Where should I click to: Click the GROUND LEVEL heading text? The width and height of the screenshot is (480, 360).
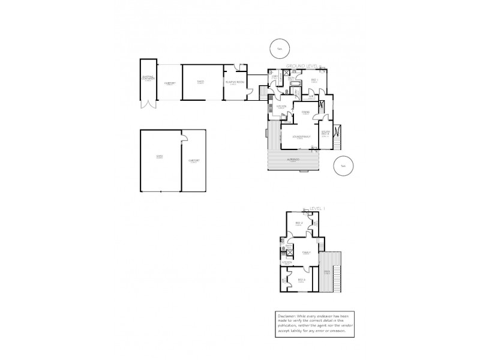[x=302, y=65]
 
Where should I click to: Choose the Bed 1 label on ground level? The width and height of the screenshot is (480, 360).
[x=314, y=80]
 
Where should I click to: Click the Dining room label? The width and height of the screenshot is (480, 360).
[x=305, y=112]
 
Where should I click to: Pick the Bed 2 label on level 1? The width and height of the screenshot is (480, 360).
[x=299, y=224]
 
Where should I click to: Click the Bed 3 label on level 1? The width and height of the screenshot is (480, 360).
[x=301, y=280]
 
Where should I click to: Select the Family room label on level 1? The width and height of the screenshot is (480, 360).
[x=307, y=253]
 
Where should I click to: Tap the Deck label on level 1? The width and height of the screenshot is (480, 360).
[x=327, y=272]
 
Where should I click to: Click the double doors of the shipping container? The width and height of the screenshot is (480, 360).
[x=147, y=105]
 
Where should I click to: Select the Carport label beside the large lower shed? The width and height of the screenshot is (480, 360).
[x=194, y=161]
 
